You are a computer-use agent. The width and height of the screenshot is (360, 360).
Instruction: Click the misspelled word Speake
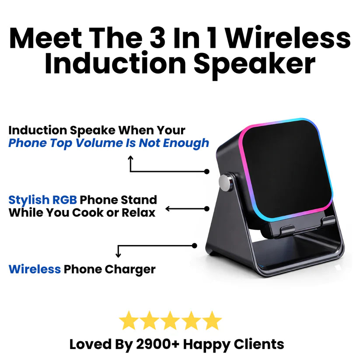(87, 130)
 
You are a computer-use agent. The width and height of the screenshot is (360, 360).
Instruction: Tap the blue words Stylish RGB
(43, 200)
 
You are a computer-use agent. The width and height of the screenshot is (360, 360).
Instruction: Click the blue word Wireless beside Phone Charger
(35, 269)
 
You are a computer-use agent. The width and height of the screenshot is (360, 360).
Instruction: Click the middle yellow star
(171, 321)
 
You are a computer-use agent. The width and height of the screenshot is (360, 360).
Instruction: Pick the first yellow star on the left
(129, 321)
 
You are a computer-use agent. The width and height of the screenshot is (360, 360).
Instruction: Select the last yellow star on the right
(212, 321)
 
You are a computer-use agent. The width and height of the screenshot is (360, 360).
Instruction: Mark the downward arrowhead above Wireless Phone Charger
(118, 255)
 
